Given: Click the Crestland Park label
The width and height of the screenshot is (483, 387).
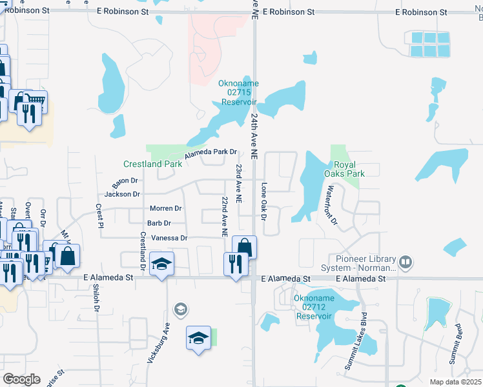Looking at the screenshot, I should click(153, 164).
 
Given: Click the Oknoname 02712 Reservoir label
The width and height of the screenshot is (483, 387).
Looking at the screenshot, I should click(313, 307).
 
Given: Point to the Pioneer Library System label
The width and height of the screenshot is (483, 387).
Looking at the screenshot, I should click(357, 263).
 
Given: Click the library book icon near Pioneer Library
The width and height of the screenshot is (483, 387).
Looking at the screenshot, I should click(406, 263).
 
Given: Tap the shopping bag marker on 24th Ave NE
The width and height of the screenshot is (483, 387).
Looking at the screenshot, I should click(244, 247).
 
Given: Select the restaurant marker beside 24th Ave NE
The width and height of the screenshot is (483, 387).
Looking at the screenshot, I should click(234, 264).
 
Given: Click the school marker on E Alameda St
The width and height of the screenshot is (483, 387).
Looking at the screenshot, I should click(161, 264).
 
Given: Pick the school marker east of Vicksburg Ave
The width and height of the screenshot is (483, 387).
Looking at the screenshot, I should click(199, 338).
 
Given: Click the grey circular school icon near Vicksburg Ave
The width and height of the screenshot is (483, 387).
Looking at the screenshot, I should click(181, 310).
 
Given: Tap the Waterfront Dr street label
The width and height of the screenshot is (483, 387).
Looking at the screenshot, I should click(331, 204).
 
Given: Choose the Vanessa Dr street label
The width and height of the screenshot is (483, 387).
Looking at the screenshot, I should click(169, 238).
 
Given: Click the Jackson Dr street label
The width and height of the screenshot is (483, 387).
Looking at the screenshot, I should click(122, 194).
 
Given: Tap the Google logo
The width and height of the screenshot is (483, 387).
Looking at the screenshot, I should click(21, 379).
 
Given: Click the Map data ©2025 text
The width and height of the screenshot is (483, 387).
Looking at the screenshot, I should click(455, 382).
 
